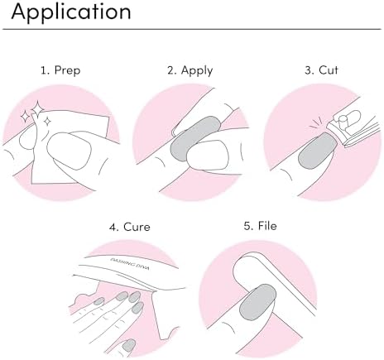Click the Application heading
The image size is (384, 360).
pyautogui.click(x=71, y=12)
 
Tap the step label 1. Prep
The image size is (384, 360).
pyautogui.click(x=60, y=70)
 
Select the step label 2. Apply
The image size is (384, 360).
pyautogui.click(x=190, y=70)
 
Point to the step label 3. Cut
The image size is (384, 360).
pyautogui.click(x=321, y=70)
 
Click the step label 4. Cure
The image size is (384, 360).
pyautogui.click(x=130, y=227)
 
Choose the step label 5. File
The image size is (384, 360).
pyautogui.click(x=260, y=226)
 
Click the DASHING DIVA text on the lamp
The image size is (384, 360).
pyautogui.click(x=130, y=264)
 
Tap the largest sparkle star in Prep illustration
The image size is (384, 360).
pyautogui.click(x=37, y=109)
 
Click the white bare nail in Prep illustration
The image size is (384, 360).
pyautogui.click(x=69, y=151)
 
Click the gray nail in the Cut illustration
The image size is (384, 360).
pyautogui.click(x=317, y=151)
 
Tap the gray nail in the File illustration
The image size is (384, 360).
pyautogui.click(x=258, y=302)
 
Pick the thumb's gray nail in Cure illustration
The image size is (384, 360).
pyautogui.click(x=129, y=345)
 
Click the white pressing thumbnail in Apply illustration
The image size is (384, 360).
pyautogui.click(x=209, y=155)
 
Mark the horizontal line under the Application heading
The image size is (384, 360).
pyautogui.click(x=192, y=29)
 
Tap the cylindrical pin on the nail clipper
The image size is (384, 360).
pyautogui.click(x=343, y=122)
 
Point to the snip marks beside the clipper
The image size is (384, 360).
pyautogui.click(x=316, y=123)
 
